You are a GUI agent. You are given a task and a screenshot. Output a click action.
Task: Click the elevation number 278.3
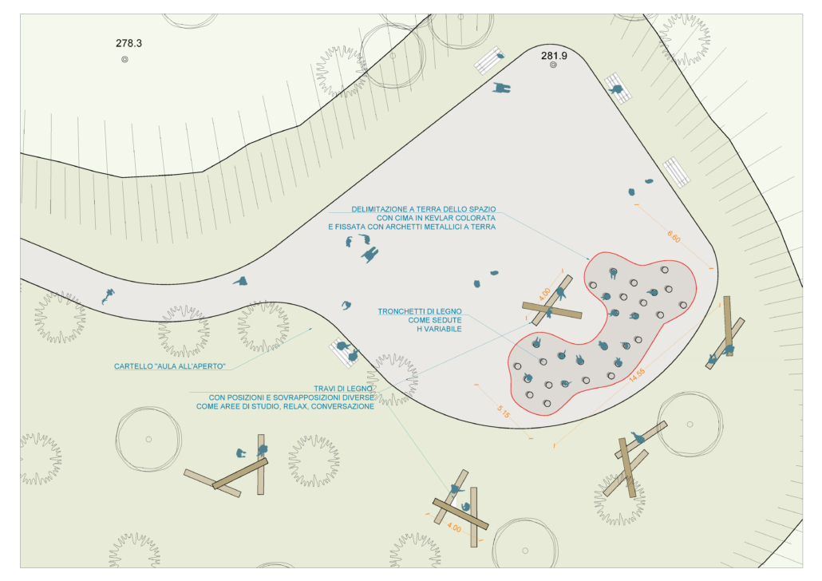128,44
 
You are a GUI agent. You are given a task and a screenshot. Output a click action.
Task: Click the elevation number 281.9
554,56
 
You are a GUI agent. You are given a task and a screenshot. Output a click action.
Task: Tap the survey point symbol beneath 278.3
125,59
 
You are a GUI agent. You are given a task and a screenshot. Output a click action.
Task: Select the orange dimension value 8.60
674,237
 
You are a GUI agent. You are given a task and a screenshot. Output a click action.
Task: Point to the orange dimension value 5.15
504,412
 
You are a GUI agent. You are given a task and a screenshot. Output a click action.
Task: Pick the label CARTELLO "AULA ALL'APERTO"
171,367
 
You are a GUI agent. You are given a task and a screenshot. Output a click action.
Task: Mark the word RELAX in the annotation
294,406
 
